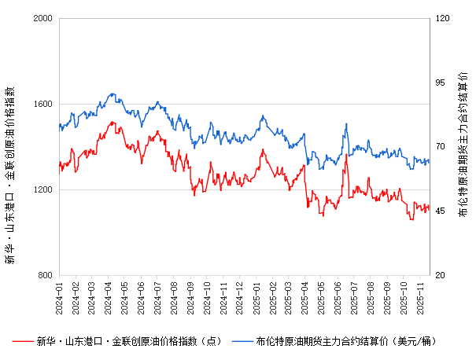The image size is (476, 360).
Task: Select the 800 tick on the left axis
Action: click(44, 276)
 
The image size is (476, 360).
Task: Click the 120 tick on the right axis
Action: click(443, 18)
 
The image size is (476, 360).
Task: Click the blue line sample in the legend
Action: click(243, 341)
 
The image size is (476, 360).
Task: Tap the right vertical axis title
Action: click(463, 147)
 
